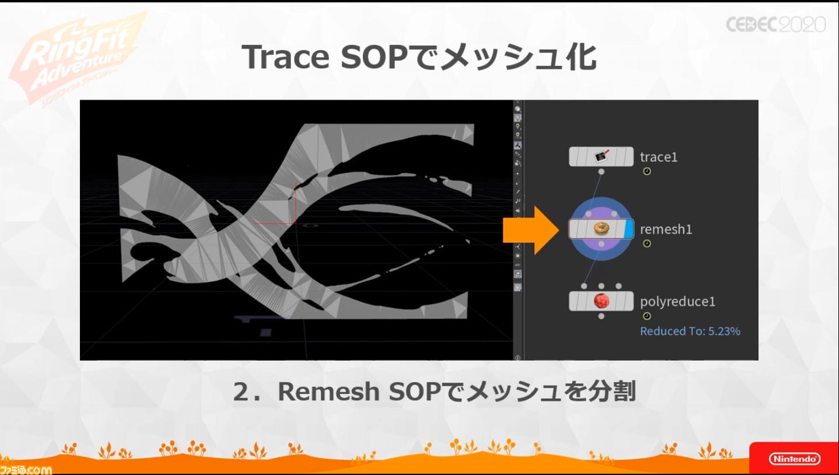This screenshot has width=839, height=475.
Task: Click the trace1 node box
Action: tap(601, 157)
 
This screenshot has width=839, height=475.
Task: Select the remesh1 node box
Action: tap(601, 229)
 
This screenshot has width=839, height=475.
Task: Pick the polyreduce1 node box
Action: tap(601, 301)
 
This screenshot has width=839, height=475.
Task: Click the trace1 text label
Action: tap(659, 157)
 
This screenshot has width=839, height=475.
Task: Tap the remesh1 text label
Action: tap(666, 229)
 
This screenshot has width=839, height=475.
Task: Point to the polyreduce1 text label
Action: tap(678, 301)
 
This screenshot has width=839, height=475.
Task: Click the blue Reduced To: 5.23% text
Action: tap(690, 331)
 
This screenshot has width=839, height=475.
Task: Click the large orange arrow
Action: tap(531, 230)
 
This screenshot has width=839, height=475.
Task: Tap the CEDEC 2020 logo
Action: tap(775, 25)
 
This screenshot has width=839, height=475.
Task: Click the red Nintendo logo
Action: tap(794, 458)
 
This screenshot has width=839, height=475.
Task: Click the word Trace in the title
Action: tap(285, 57)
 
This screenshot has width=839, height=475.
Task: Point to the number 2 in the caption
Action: tap(242, 392)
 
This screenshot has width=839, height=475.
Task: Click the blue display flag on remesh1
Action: tap(629, 229)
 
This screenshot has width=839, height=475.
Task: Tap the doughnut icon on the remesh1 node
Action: tap(601, 229)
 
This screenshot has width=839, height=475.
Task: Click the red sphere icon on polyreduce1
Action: tap(601, 301)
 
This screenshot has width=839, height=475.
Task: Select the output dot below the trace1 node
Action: tap(601, 172)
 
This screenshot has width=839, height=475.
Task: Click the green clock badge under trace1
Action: tap(647, 172)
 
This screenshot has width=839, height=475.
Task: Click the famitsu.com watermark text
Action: tap(26, 470)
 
